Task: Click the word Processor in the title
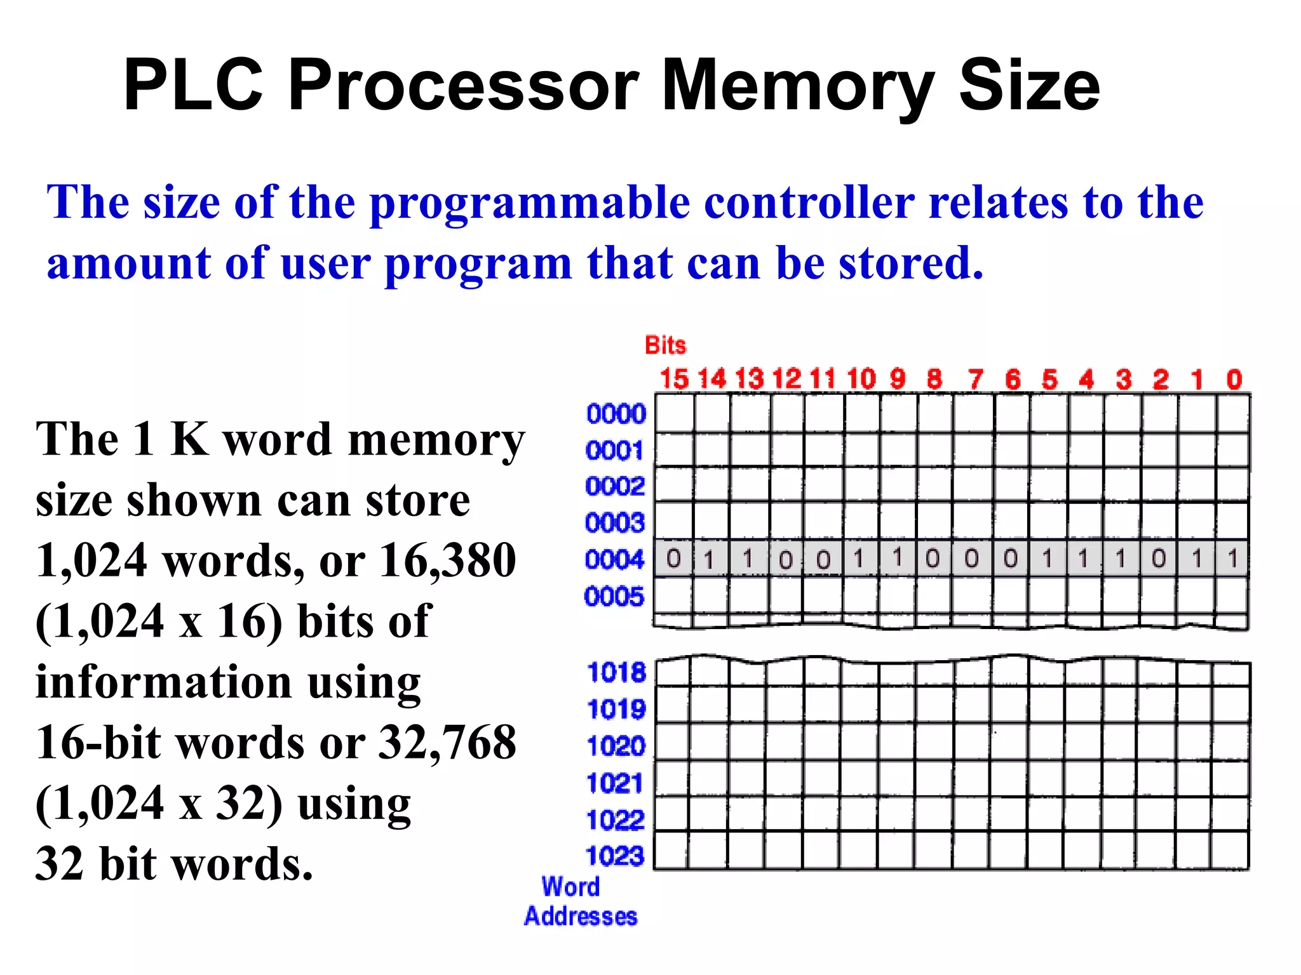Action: [463, 86]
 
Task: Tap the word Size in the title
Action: [1029, 86]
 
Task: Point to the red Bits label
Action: [665, 345]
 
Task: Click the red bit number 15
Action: [673, 380]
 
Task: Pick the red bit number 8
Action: [934, 380]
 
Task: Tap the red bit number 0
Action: [1234, 380]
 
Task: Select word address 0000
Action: [616, 414]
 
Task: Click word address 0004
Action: [614, 560]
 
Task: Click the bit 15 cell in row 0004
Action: [673, 559]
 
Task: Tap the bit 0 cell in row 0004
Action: [1232, 559]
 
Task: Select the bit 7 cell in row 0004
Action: [971, 559]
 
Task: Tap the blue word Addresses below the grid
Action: [581, 917]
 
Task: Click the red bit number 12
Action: [786, 380]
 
